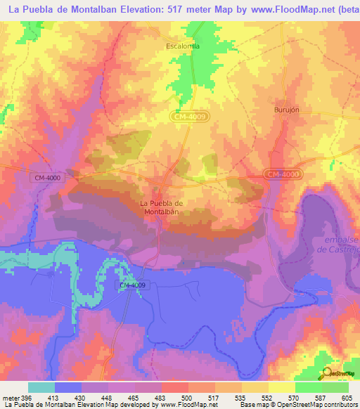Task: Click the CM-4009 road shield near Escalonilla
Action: click(191, 117)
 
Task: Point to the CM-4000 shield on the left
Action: click(47, 178)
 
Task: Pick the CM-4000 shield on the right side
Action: click(283, 174)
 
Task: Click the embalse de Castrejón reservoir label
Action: click(337, 245)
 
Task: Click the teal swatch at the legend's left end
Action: click(41, 387)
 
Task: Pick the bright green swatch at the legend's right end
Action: click(335, 387)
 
